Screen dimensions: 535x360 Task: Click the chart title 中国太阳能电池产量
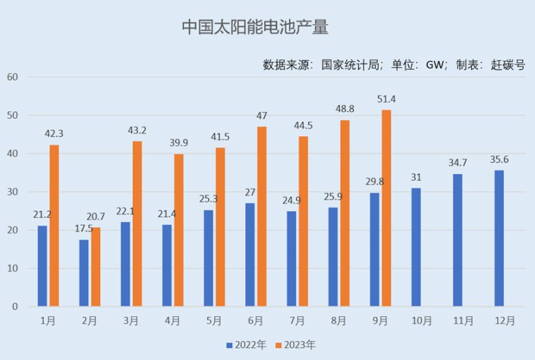tap(255, 27)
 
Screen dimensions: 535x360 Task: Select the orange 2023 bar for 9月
tap(387, 208)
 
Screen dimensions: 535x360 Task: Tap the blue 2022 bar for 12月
tap(499, 238)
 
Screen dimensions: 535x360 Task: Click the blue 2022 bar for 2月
tap(84, 273)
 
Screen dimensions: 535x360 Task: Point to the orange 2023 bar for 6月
tap(262, 216)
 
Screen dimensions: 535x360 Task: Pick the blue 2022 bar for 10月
tap(416, 247)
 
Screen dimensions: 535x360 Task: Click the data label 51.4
tap(386, 99)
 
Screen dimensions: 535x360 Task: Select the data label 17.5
tap(84, 228)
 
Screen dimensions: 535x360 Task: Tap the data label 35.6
tap(499, 159)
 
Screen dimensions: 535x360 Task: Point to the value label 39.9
tap(179, 143)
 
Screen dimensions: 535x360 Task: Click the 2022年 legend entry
tap(246, 345)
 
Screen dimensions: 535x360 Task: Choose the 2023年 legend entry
tap(296, 345)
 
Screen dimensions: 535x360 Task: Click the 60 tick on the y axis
tap(12, 77)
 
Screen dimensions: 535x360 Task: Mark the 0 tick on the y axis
tap(15, 307)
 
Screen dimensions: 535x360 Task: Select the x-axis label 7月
tap(297, 321)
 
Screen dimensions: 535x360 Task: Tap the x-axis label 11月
tap(464, 321)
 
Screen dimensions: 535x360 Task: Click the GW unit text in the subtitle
tap(435, 65)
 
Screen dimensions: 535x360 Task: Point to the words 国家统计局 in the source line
tap(350, 64)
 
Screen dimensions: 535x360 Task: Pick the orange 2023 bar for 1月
tap(54, 226)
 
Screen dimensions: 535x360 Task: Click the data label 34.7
tap(457, 163)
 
